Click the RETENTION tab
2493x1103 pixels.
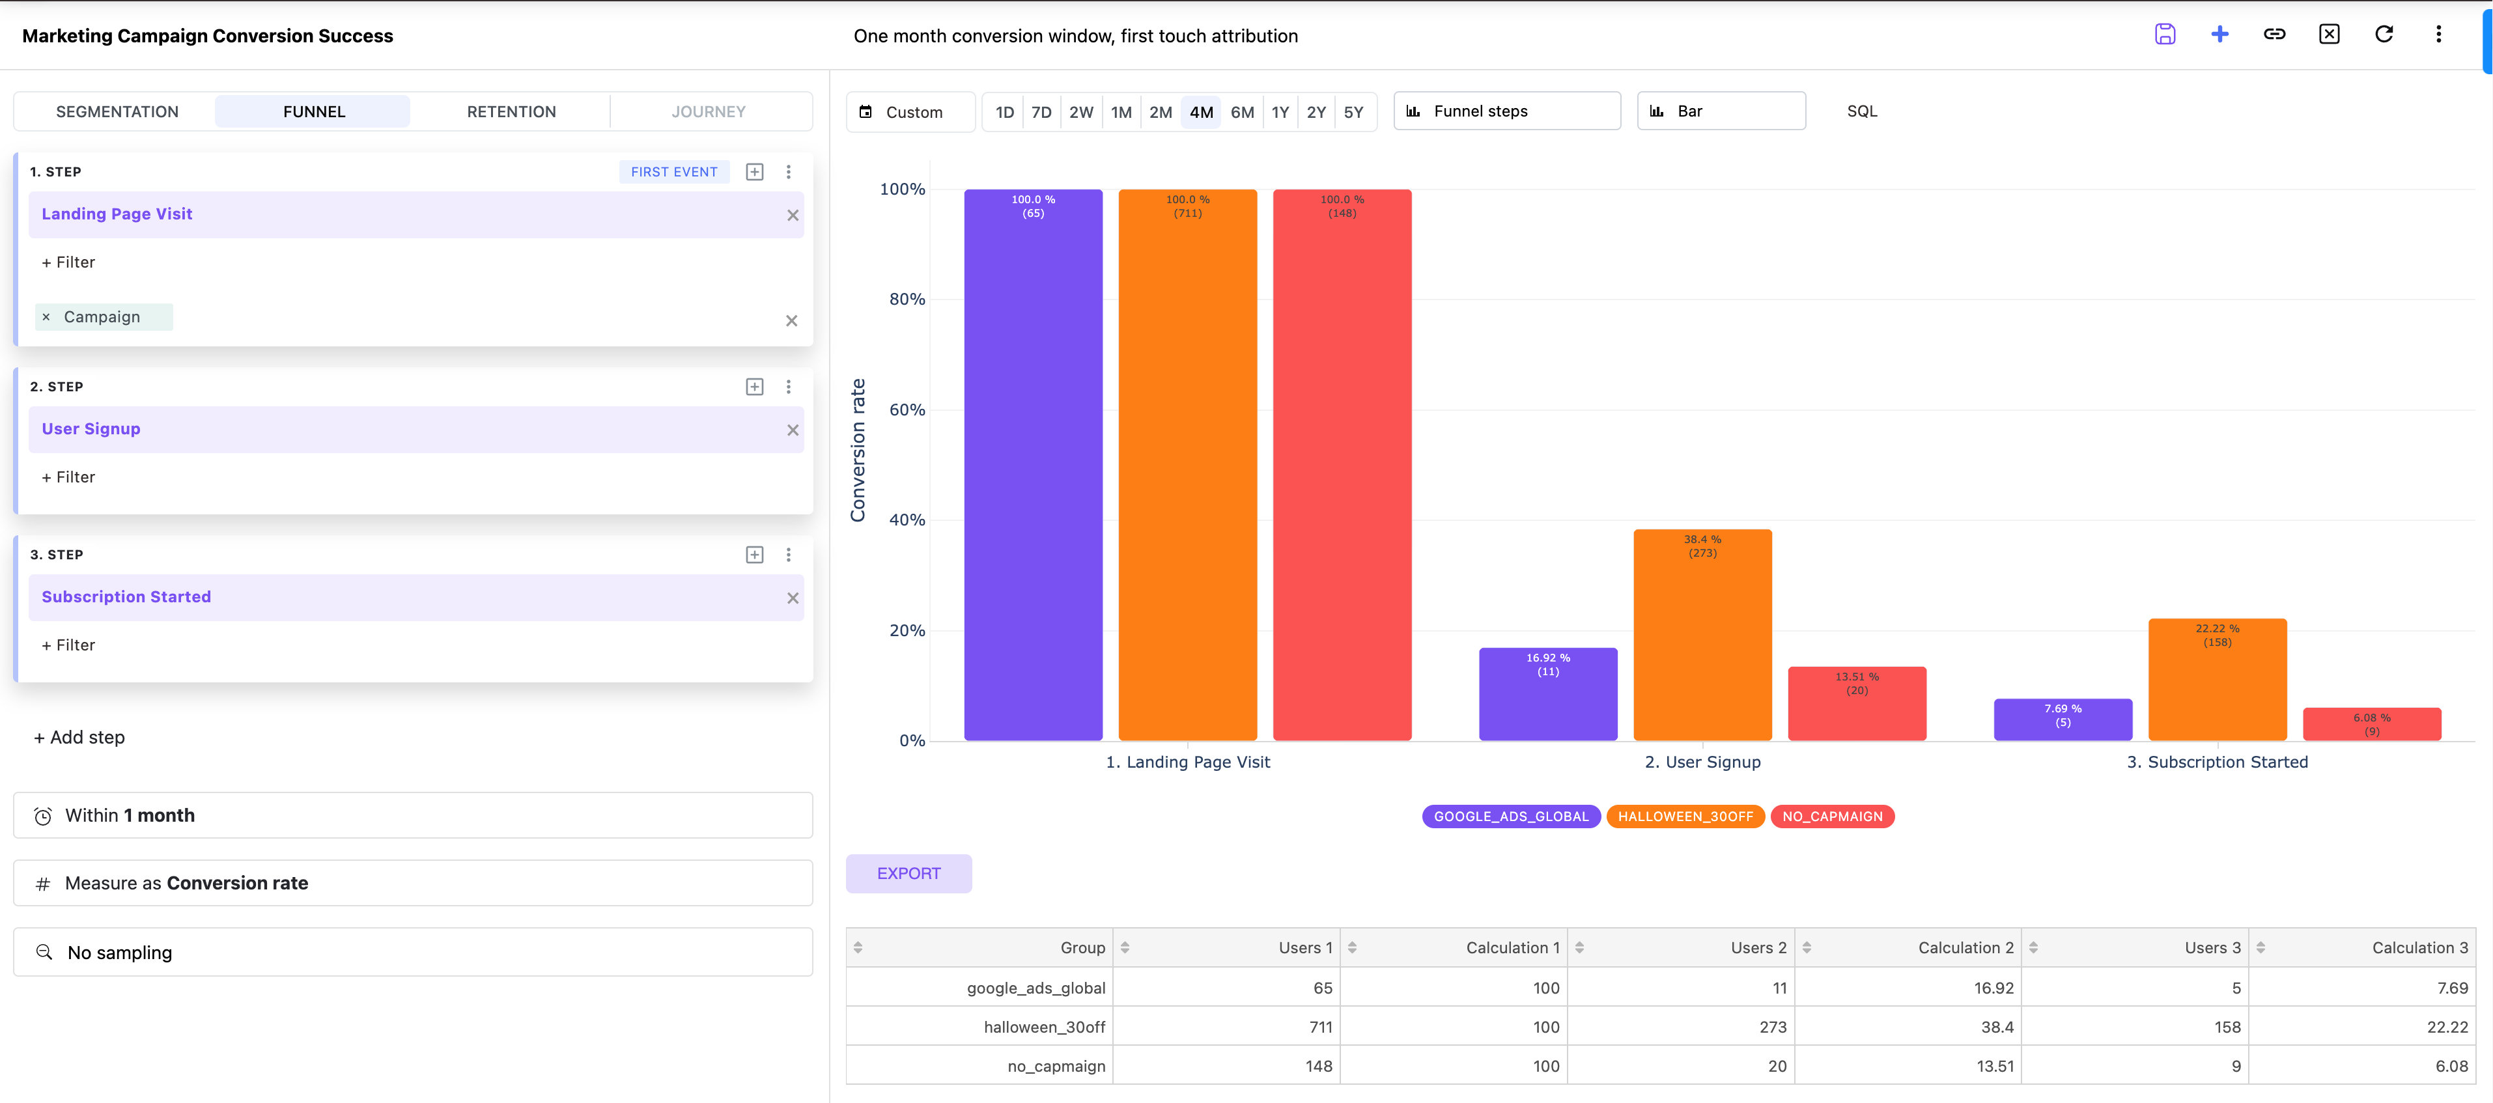(x=511, y=111)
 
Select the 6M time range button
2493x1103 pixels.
(x=1242, y=112)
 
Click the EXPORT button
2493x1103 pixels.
(x=908, y=873)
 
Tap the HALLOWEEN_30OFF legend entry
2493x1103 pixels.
(x=1685, y=816)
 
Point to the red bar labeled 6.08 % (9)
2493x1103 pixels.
(x=2371, y=724)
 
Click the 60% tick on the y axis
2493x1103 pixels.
(x=907, y=410)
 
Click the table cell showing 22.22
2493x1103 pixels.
(x=2447, y=1027)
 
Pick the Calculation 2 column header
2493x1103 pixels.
(x=1965, y=947)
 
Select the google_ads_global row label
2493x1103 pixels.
(x=1035, y=987)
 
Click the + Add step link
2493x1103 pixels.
(x=79, y=737)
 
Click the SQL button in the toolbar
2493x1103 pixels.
(x=1861, y=111)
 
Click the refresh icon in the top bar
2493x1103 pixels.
(x=2384, y=35)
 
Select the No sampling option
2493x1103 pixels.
(x=120, y=952)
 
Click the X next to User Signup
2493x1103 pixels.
(x=793, y=430)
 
